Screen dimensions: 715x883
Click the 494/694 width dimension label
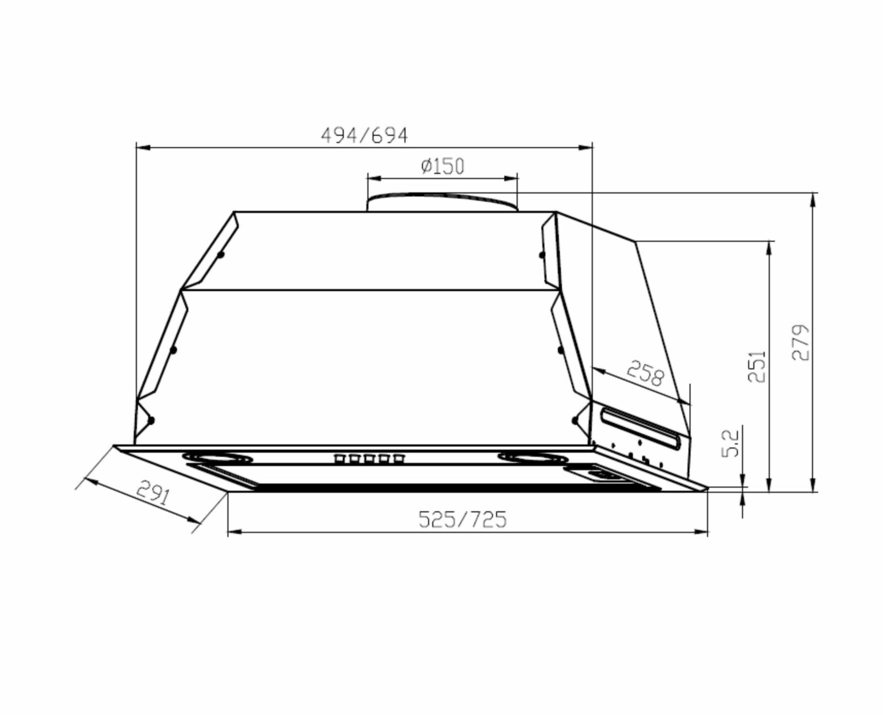pos(364,135)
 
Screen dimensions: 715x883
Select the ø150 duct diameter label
pos(443,166)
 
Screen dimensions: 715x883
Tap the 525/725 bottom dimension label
pos(462,519)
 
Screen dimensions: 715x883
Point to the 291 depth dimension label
pos(152,494)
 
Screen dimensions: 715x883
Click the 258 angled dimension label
pos(645,373)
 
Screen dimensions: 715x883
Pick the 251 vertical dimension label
pos(757,366)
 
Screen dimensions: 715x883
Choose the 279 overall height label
pos(801,342)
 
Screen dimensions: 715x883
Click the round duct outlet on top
pos(443,202)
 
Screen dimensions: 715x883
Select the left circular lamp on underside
pos(218,457)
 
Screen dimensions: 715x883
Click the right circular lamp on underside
pos(533,457)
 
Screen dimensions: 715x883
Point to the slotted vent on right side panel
pos(641,425)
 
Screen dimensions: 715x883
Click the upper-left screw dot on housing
pos(221,255)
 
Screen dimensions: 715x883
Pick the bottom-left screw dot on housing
pos(151,420)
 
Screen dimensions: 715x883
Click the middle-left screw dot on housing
pos(173,350)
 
